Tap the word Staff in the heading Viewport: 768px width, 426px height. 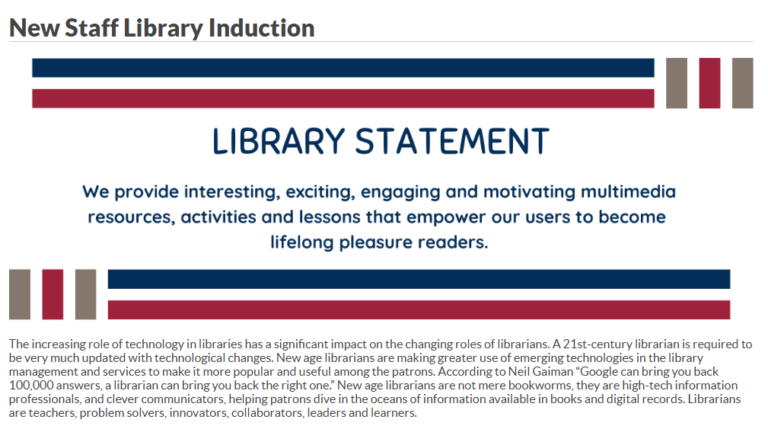pos(91,28)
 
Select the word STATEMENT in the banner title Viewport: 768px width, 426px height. pos(451,141)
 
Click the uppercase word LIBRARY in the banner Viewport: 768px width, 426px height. pos(279,141)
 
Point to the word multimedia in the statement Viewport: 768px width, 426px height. pos(628,191)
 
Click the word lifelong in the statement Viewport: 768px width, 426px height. pos(301,242)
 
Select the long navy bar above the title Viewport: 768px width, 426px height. pos(343,68)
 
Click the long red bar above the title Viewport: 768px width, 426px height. pos(343,98)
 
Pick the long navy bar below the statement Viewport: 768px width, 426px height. pos(419,279)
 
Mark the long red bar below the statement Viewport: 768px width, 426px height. pos(419,310)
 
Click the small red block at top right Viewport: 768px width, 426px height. pos(709,83)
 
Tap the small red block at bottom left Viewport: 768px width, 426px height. pos(53,294)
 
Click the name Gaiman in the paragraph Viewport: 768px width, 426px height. pos(556,372)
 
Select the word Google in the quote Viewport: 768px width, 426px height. pos(598,372)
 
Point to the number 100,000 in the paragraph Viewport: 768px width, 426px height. pos(31,386)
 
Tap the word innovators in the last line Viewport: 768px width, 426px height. pos(199,413)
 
